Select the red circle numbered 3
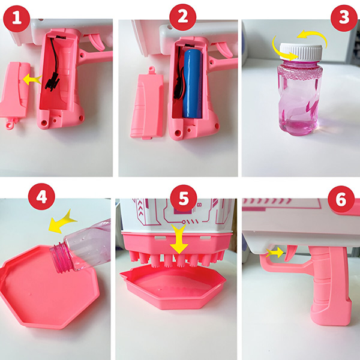343,17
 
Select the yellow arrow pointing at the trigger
275,253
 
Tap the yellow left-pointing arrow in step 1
31,79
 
